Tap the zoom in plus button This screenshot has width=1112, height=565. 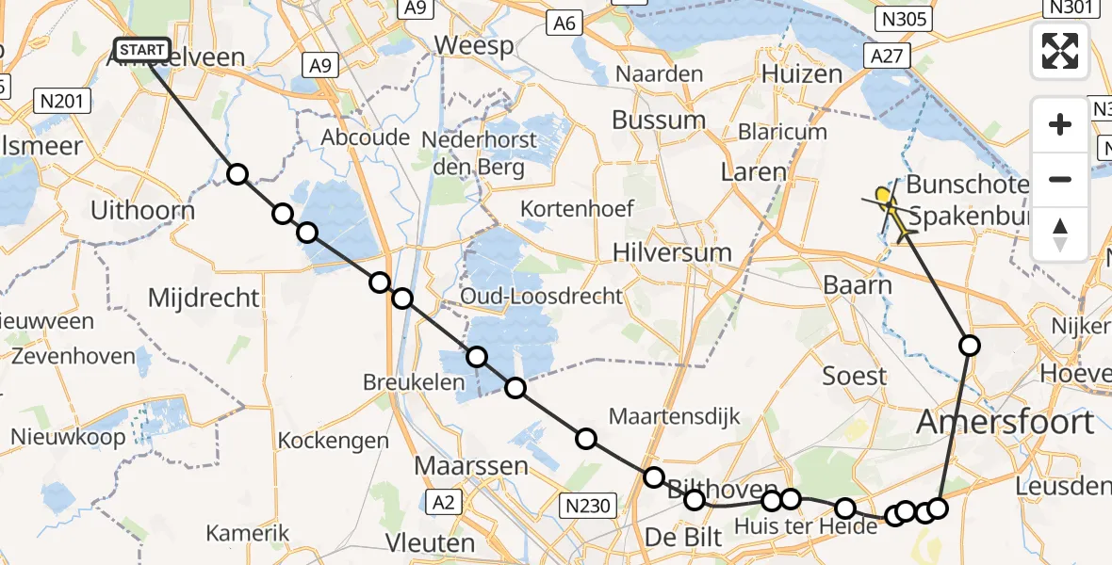point(1060,124)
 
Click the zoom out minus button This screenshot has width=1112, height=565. point(1060,179)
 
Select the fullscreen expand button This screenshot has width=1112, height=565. point(1060,51)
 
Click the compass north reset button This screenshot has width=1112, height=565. point(1060,234)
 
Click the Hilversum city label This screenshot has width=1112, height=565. point(672,252)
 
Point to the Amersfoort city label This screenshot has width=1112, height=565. point(1006,422)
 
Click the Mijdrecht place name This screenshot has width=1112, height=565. point(204,299)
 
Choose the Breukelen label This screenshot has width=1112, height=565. point(415,382)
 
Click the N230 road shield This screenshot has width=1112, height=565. point(589,506)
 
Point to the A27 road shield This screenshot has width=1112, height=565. point(887,56)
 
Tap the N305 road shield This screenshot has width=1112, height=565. point(903,18)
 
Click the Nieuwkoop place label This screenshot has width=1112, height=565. point(68,436)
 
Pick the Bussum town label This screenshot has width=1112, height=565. point(659,121)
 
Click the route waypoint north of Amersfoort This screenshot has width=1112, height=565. point(969,346)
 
